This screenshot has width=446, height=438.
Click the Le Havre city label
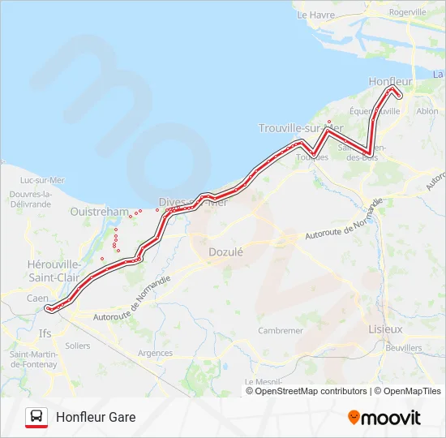coord(315,15)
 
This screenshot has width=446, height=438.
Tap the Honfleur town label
coord(390,82)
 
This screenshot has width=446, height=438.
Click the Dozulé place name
coord(225,251)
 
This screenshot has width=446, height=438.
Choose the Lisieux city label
coord(385,329)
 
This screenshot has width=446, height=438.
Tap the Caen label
coord(37,298)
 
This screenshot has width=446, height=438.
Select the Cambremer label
coord(280,331)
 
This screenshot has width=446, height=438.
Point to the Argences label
coord(156,353)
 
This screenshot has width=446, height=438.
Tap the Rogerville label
coord(407,12)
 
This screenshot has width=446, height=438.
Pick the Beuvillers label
coord(404,348)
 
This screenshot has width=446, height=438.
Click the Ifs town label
coord(45,333)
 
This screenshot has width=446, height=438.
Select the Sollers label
coord(77,346)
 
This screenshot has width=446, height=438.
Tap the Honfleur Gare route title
coord(96,417)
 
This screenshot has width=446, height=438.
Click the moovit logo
coord(384,418)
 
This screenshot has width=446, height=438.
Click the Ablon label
coord(427,111)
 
